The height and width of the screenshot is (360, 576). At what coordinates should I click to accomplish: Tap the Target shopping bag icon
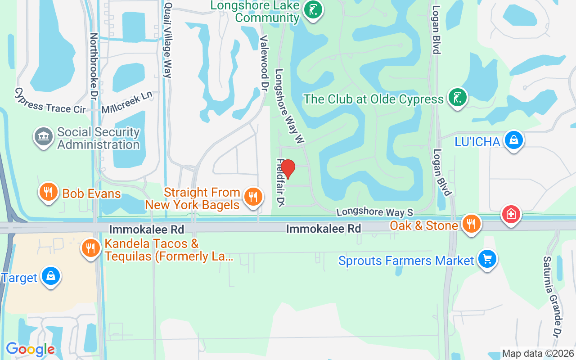pyautogui.click(x=50, y=277)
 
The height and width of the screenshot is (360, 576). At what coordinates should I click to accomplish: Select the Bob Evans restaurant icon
pyautogui.click(x=49, y=192)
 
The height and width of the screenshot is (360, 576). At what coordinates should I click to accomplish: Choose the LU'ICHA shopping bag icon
pyautogui.click(x=513, y=140)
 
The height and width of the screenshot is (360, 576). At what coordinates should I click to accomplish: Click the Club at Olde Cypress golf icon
pyautogui.click(x=457, y=98)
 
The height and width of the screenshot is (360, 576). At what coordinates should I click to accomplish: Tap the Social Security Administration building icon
pyautogui.click(x=44, y=137)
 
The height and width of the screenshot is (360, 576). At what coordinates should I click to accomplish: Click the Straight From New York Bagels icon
pyautogui.click(x=253, y=196)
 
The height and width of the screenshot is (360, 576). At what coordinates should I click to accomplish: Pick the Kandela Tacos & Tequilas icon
pyautogui.click(x=91, y=248)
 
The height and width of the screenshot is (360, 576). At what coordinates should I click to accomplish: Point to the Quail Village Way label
pyautogui.click(x=168, y=40)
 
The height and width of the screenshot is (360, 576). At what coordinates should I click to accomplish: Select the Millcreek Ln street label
pyautogui.click(x=127, y=103)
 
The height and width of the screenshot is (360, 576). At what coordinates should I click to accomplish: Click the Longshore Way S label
pyautogui.click(x=374, y=211)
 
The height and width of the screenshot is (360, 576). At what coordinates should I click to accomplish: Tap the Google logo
pyautogui.click(x=30, y=349)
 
